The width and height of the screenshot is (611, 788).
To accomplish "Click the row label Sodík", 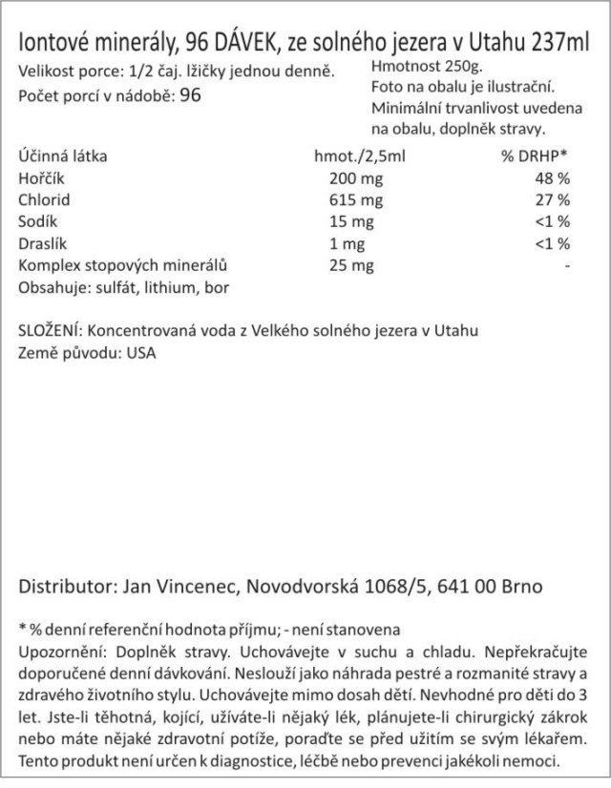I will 36,221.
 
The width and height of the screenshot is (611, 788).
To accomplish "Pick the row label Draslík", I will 39,243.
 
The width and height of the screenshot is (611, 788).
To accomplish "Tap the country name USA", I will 139,353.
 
